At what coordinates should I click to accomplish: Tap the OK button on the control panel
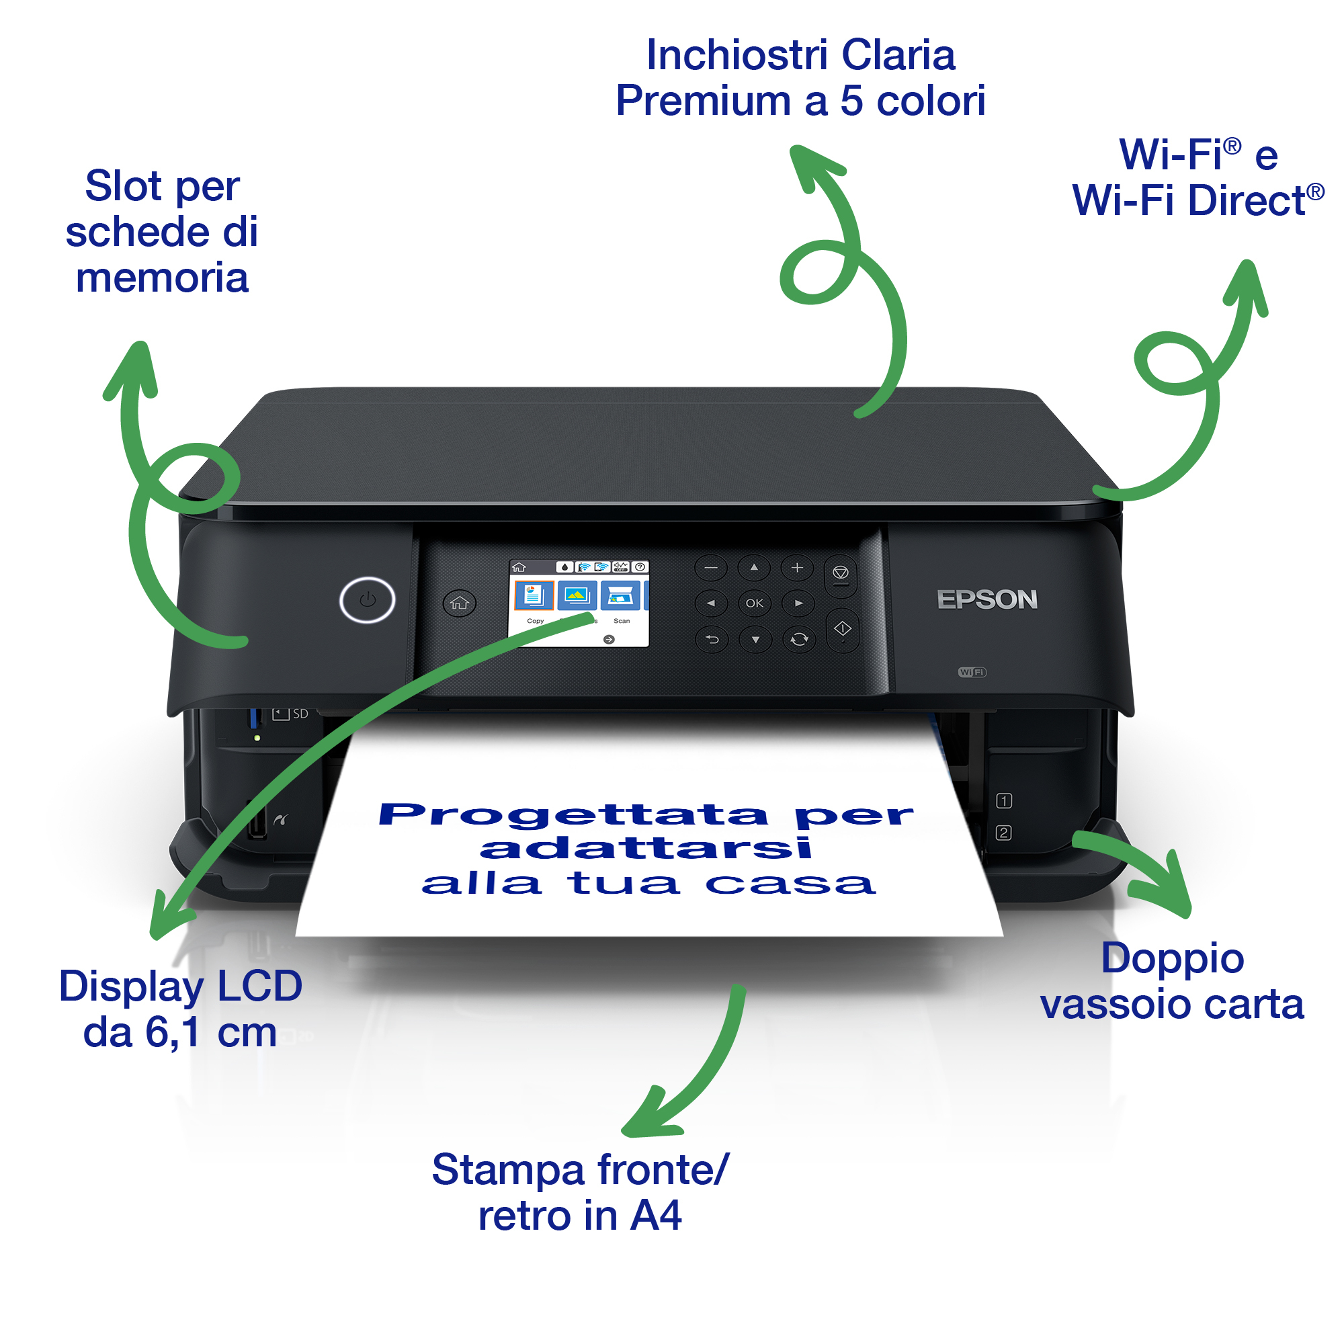pos(754,603)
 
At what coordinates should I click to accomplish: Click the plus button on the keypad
pos(797,568)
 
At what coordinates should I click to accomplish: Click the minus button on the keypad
pos(710,568)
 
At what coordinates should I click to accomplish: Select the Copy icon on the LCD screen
pos(534,596)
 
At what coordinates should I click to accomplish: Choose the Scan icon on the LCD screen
pos(620,596)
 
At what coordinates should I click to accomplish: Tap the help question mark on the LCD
pos(640,567)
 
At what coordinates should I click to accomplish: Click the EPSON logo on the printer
pos(986,599)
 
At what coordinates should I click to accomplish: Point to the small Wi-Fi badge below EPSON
pos(972,672)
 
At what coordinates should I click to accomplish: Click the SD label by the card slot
pos(300,714)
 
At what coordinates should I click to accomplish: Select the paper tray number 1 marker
pos(1004,801)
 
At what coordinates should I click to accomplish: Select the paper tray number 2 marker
pos(1004,833)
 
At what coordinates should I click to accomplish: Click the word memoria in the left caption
pos(161,278)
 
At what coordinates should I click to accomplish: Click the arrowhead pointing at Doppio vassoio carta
pos(1169,893)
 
